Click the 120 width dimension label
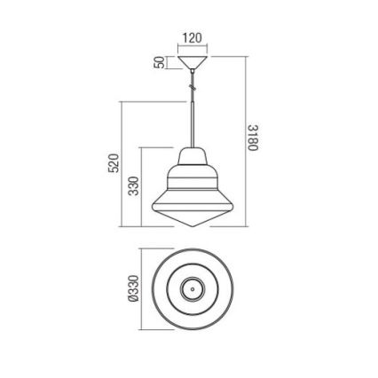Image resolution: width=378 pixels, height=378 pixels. coord(191,38)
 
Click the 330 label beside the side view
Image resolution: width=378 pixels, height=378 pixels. coord(134,186)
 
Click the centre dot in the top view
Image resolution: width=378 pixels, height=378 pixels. coord(190,289)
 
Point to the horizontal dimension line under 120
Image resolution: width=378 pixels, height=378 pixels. coord(191,47)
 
